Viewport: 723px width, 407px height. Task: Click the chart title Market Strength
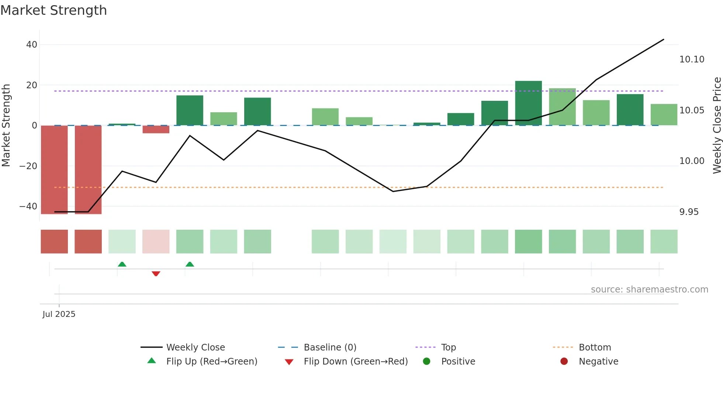[x=53, y=10]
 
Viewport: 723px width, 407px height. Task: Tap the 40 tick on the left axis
[x=32, y=45]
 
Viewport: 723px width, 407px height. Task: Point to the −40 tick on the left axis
[x=28, y=206]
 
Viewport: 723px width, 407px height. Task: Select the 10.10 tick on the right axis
[x=692, y=59]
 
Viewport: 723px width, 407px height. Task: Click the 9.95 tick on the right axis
[x=689, y=212]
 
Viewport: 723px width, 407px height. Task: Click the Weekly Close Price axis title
[x=717, y=126]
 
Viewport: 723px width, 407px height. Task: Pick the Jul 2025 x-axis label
[x=59, y=314]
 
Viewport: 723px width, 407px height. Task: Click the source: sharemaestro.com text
[x=649, y=290]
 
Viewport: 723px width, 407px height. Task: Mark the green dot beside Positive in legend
[x=426, y=362]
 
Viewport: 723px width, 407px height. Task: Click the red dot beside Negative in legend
[x=564, y=362]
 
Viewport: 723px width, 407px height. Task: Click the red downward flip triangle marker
[x=156, y=274]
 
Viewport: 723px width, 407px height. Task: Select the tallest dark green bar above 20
[x=528, y=103]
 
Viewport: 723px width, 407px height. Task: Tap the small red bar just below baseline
[x=156, y=129]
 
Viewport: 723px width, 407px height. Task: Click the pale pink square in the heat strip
[x=156, y=242]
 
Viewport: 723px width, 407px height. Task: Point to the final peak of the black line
[x=663, y=40]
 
